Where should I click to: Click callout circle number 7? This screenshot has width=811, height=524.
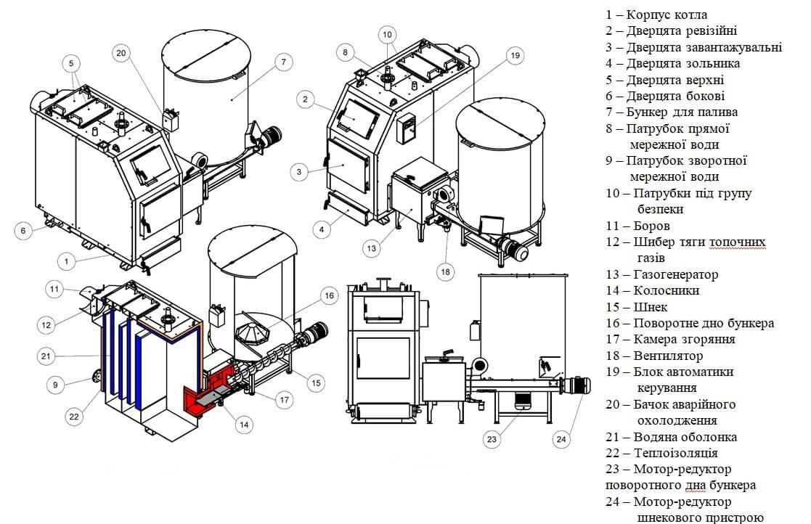coord(283,62)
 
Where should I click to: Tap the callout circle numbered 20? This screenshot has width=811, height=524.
coord(121,53)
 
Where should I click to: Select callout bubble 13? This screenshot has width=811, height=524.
coord(371,248)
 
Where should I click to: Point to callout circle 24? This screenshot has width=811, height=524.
coord(561,440)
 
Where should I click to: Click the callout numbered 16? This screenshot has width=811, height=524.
coord(330,295)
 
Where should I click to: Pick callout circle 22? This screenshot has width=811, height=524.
coord(74,417)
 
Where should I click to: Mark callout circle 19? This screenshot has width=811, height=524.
coord(515,55)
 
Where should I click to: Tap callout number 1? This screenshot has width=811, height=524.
coord(66,261)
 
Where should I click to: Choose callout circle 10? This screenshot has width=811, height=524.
coord(388,35)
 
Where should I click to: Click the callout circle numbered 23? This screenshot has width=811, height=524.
coord(492,439)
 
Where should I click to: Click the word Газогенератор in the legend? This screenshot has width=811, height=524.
coord(675,274)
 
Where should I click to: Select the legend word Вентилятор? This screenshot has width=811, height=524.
coord(668,356)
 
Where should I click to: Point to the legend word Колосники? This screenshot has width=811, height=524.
coord(667,290)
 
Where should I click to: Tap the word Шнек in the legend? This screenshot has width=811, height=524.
coord(650,307)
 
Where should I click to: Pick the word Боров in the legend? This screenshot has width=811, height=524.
coord(651,226)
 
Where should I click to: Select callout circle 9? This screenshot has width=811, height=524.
coord(55,385)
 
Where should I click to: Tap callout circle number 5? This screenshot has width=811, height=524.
coord(71,64)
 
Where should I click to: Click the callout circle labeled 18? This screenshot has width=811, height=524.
coord(445,271)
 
